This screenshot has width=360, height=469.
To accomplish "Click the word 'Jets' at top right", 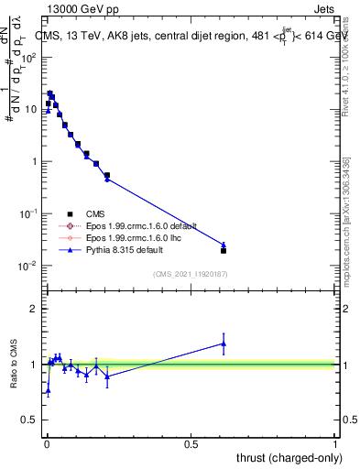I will click(x=323, y=10).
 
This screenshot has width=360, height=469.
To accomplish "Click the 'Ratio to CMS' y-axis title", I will click(x=16, y=364).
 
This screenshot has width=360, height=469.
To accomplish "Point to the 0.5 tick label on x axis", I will click(x=191, y=443).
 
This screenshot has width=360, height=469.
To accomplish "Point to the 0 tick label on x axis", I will click(x=47, y=443).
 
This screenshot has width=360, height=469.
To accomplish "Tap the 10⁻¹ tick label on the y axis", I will click(x=29, y=213).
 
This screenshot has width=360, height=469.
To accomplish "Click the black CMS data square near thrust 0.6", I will click(x=224, y=250).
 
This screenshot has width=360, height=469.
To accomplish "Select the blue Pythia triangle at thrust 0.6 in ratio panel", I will click(x=224, y=344).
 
